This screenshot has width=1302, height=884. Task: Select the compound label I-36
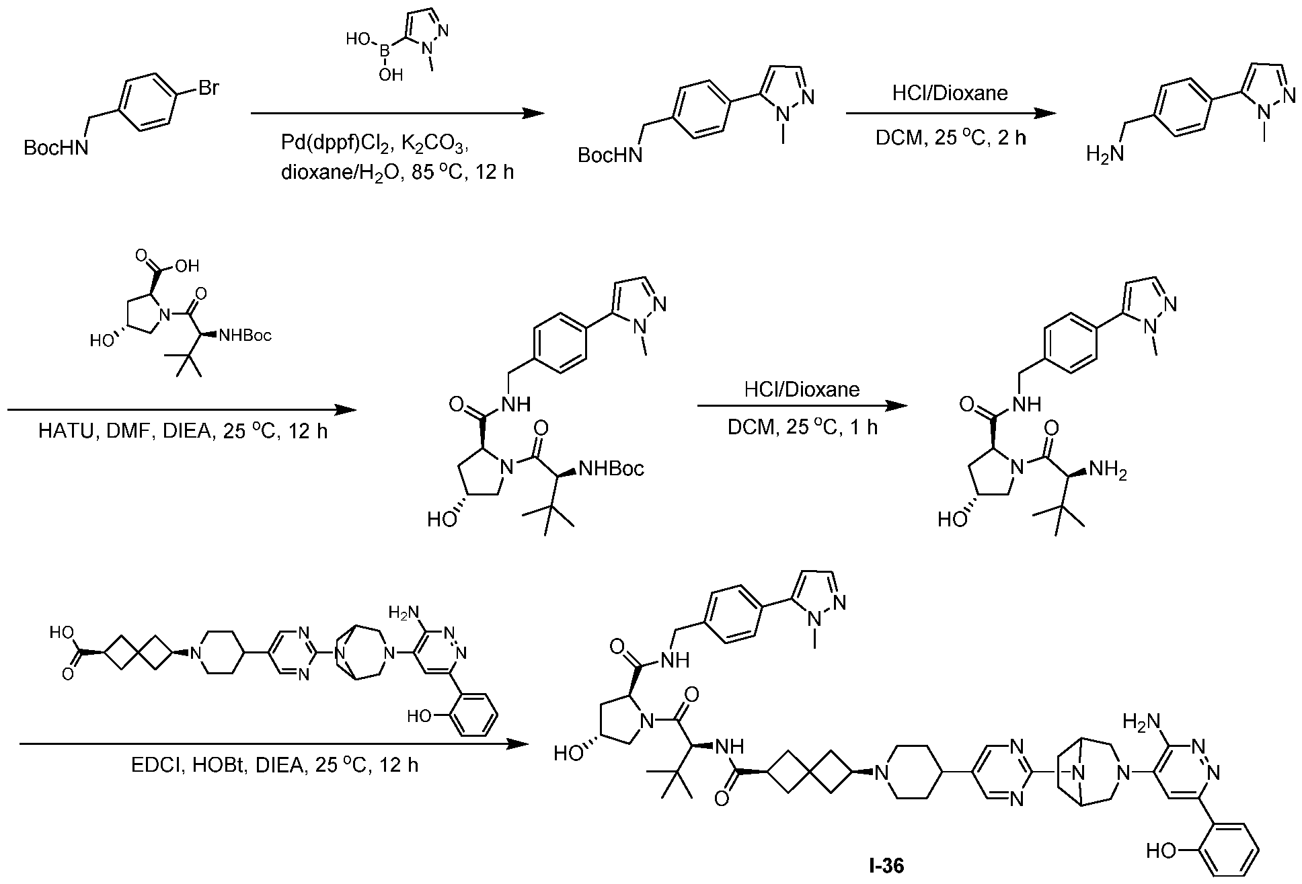pyautogui.click(x=886, y=866)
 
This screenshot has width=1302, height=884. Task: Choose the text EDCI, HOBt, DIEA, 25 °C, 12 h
pyautogui.click(x=275, y=765)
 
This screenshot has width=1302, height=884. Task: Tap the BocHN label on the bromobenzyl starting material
pyautogui.click(x=55, y=148)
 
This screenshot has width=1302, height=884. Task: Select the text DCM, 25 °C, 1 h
pyautogui.click(x=802, y=428)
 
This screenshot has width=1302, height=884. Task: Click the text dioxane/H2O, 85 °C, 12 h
pyautogui.click(x=397, y=173)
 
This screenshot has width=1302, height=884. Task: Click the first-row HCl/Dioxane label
pyautogui.click(x=950, y=93)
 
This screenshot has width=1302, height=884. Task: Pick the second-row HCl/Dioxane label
pyautogui.click(x=802, y=389)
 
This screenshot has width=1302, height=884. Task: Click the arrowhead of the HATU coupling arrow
pyautogui.click(x=345, y=409)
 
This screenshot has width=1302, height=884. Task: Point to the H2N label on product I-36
pyautogui.click(x=1142, y=724)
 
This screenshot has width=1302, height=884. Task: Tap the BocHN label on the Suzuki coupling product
pyautogui.click(x=609, y=156)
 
